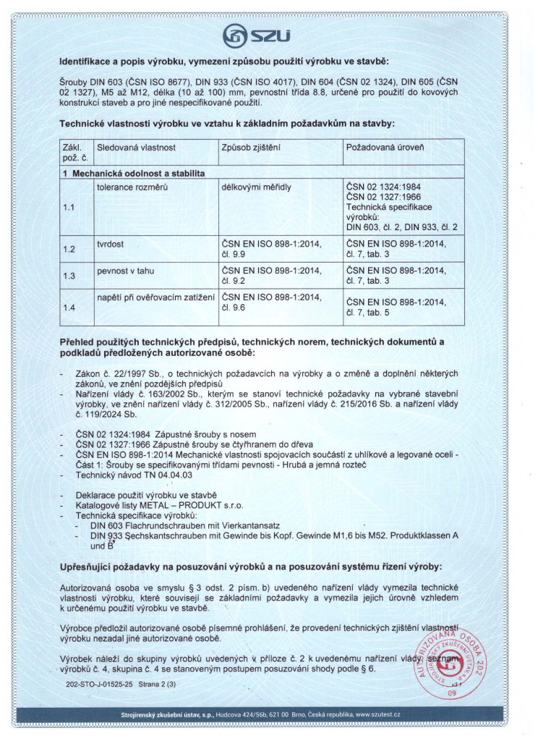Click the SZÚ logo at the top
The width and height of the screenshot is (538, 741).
click(x=269, y=34)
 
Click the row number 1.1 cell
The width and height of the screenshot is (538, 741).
click(x=69, y=207)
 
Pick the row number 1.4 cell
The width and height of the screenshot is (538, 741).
click(x=69, y=308)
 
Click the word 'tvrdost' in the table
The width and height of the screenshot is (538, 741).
click(x=111, y=244)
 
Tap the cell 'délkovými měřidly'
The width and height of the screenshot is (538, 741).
click(x=257, y=186)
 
